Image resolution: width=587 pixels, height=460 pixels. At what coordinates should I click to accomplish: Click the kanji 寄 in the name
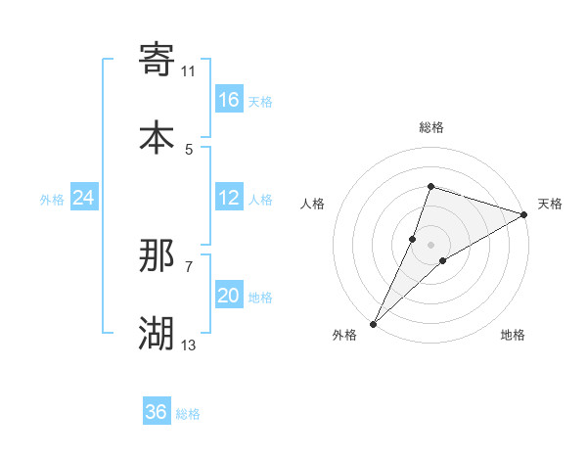click(157, 60)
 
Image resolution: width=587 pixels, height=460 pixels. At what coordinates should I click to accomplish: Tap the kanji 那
click(157, 255)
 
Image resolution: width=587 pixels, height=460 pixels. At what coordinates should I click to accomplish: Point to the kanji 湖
click(157, 334)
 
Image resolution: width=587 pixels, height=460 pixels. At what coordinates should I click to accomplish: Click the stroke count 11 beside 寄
click(189, 70)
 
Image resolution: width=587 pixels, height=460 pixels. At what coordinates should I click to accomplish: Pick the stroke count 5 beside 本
click(189, 149)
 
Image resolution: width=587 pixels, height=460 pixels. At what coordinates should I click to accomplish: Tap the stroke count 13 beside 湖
click(189, 345)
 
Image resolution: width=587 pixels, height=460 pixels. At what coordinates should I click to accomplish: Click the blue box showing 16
click(229, 100)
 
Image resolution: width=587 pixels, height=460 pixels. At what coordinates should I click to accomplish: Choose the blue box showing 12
click(229, 198)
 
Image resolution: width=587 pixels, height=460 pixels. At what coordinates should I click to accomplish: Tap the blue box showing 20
click(229, 296)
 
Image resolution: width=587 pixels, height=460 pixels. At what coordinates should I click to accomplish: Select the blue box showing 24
click(84, 198)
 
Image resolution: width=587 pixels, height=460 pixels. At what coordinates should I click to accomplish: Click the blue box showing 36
click(157, 412)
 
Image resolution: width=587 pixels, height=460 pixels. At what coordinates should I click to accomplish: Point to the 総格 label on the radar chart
click(431, 127)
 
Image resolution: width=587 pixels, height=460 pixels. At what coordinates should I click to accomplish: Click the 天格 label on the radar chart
click(550, 204)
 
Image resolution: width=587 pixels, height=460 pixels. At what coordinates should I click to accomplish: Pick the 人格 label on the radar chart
click(312, 204)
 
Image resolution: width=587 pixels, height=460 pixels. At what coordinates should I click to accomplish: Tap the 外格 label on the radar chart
click(344, 336)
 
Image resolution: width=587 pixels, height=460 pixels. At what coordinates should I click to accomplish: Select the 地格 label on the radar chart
click(513, 336)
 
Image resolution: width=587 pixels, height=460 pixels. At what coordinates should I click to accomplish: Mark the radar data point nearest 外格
click(374, 323)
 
